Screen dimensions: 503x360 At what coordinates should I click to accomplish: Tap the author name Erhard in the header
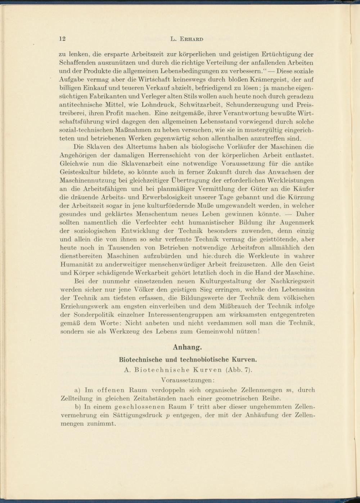190,39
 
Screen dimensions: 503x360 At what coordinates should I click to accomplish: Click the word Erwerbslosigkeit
167,197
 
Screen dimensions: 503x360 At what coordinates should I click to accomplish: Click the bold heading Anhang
187,347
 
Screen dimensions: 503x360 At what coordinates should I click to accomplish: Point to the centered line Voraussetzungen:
188,380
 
